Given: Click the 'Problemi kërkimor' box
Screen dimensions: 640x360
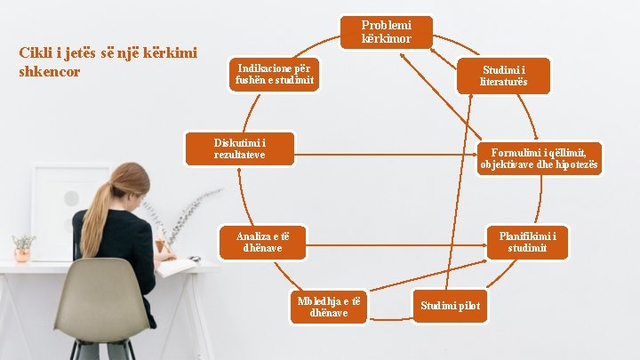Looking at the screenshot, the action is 387,32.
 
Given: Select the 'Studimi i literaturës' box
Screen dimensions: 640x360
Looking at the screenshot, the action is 504,76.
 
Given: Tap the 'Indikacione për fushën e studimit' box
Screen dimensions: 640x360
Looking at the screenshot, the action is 275,76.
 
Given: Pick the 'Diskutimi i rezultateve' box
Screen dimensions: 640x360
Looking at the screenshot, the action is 239,148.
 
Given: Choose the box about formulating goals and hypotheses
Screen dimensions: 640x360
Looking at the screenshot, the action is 540,159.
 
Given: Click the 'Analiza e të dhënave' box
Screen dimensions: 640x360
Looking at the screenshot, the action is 263,242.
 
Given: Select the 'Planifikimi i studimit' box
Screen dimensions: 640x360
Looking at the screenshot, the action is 527,242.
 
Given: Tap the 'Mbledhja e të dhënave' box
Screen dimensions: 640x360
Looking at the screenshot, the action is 329,307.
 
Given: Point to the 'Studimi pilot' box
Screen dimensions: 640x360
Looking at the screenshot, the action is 450,306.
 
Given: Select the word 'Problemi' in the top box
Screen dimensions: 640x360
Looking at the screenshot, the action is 387,25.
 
